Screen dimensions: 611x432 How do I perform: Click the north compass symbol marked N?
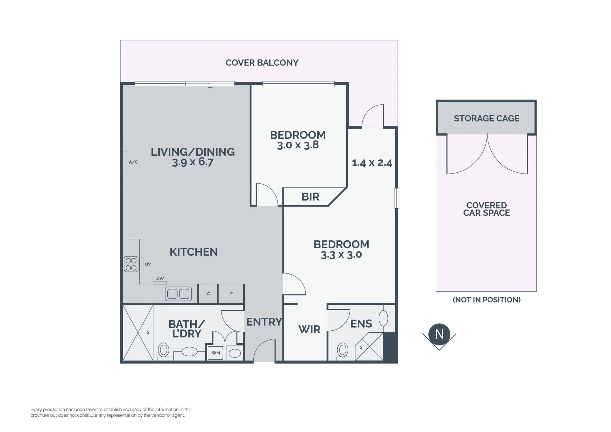click(439, 335)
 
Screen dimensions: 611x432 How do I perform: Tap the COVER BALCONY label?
click(262, 63)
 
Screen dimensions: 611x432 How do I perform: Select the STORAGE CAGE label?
click(486, 118)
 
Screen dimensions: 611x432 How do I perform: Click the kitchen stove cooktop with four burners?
click(131, 264)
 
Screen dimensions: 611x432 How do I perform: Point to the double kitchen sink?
click(178, 294)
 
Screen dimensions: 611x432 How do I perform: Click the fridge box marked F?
click(231, 294)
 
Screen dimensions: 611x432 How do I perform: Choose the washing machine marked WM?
click(216, 353)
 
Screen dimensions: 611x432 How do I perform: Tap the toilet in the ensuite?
click(343, 351)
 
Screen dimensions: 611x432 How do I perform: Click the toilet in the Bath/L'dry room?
click(164, 351)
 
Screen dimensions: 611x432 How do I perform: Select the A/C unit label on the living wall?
click(133, 162)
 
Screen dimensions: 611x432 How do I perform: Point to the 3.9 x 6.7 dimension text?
click(193, 162)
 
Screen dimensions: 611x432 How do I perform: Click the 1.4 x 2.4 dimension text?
click(372, 163)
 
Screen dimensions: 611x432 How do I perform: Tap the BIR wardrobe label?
click(310, 197)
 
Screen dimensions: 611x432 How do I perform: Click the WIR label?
click(309, 329)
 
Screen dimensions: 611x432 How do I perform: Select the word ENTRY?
click(264, 322)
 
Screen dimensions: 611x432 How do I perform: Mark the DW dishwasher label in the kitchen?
click(160, 278)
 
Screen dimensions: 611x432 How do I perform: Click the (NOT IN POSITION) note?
click(487, 300)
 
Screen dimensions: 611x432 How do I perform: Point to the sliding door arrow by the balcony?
click(210, 88)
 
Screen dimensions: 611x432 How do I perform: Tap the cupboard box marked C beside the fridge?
click(208, 294)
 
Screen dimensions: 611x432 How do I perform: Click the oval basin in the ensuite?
click(383, 318)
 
